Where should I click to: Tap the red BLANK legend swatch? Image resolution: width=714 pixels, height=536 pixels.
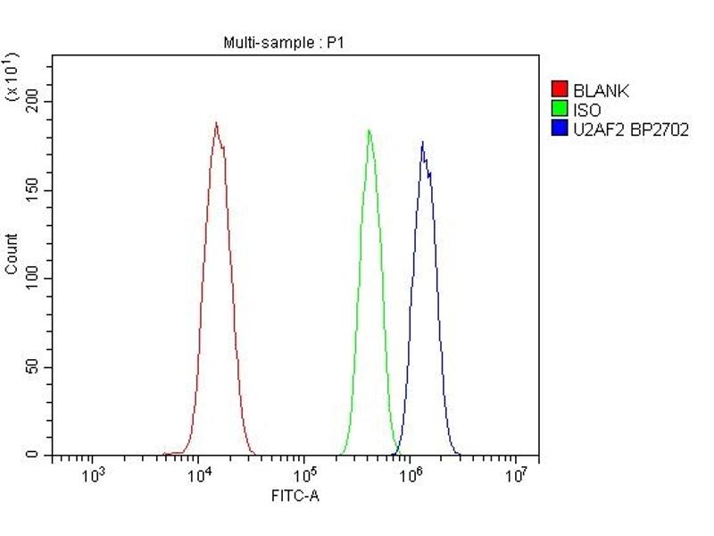(560, 89)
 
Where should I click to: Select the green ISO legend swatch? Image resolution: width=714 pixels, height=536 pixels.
(560, 109)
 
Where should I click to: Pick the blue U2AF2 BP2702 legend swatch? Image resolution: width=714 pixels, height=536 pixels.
(560, 129)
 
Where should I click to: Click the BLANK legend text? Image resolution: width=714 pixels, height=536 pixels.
(602, 89)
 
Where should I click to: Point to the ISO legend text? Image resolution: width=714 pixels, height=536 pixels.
(587, 109)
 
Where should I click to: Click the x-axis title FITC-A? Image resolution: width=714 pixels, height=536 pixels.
(295, 495)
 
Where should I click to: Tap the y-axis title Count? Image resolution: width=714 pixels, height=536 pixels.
(12, 254)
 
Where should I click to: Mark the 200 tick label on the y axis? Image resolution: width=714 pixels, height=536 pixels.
(32, 102)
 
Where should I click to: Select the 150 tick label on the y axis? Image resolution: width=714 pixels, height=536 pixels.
(32, 190)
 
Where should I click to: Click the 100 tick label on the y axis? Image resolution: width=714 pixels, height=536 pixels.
(32, 279)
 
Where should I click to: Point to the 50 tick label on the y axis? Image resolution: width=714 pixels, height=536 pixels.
(36, 367)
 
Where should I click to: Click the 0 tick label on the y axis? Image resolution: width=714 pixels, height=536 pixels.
(39, 456)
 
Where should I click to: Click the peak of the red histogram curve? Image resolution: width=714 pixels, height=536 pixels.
(216, 123)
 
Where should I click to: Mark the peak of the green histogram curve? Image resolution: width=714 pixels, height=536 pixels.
(369, 130)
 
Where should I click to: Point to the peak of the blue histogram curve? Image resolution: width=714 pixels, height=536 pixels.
(422, 143)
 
